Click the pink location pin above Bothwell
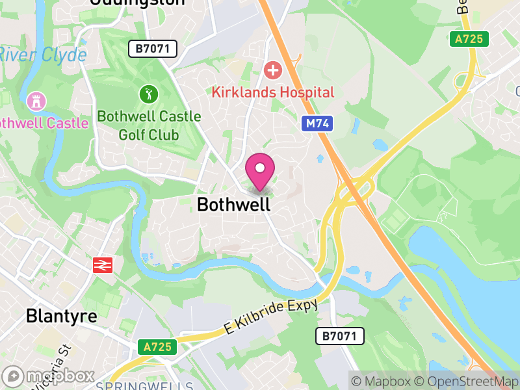(x=260, y=170)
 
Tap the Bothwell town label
(x=233, y=205)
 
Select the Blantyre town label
(x=61, y=317)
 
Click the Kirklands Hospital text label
(x=273, y=92)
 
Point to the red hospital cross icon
(x=272, y=70)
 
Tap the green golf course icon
(x=149, y=94)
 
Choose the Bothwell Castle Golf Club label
(x=149, y=126)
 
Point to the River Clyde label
(x=43, y=55)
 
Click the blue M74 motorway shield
(x=317, y=123)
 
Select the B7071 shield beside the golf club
(x=152, y=48)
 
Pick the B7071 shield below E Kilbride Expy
(x=340, y=336)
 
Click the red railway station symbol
(x=103, y=265)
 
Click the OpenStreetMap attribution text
(x=467, y=381)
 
